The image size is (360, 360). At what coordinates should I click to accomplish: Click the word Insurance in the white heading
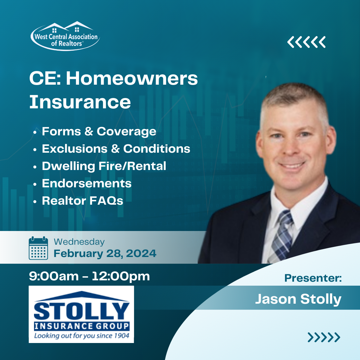tap(80, 102)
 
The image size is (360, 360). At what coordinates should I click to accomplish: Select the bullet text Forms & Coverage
tap(99, 131)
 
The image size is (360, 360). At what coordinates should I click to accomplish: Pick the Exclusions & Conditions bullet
tap(116, 149)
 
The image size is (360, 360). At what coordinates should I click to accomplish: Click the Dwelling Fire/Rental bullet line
tap(104, 166)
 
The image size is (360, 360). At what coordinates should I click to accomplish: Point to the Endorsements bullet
tap(87, 183)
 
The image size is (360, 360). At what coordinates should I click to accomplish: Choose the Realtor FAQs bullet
tap(83, 201)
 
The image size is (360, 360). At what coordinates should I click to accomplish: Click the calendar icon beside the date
tap(38, 248)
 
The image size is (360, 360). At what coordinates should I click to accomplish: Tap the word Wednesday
tap(79, 242)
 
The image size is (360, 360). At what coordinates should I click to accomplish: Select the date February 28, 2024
tap(105, 254)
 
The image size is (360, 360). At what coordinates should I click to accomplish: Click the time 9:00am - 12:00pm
tap(89, 276)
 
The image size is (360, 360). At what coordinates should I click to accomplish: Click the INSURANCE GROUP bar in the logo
tap(81, 326)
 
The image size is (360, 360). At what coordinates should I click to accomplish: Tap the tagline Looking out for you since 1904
tap(81, 336)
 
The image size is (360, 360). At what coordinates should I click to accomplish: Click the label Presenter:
tap(313, 278)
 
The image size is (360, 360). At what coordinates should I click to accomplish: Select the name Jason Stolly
tap(298, 299)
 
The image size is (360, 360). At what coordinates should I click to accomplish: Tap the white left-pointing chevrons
tap(306, 42)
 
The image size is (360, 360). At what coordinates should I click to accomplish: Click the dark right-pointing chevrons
tap(324, 337)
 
